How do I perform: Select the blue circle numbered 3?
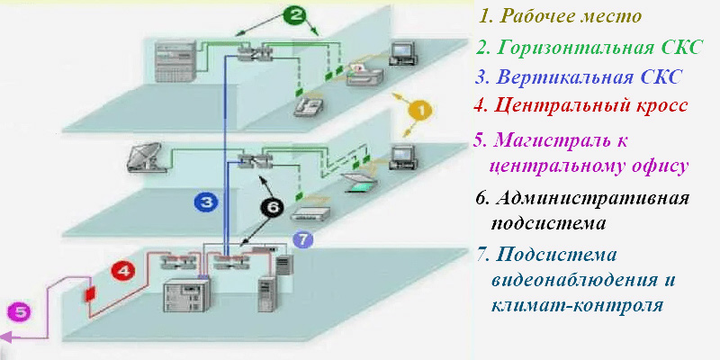tap(207, 202)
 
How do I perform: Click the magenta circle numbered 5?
tap(20, 312)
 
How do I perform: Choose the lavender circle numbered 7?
tap(302, 238)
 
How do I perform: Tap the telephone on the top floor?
tap(310, 106)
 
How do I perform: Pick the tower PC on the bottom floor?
tap(267, 292)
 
